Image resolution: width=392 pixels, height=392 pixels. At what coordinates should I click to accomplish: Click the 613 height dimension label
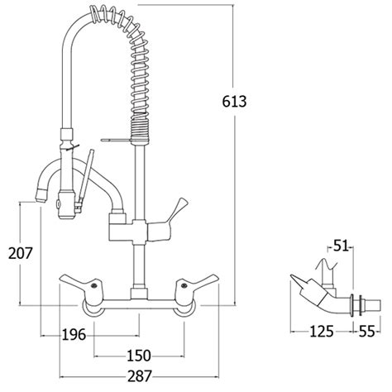click(x=234, y=102)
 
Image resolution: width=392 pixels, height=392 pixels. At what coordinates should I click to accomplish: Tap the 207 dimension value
click(x=21, y=253)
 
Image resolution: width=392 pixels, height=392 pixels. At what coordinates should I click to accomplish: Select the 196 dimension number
click(x=74, y=335)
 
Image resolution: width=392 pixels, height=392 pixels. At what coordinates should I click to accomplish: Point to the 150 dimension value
click(x=139, y=356)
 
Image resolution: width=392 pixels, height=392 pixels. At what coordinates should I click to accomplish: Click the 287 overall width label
click(x=140, y=376)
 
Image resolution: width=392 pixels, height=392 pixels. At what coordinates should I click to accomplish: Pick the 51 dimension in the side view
click(x=342, y=246)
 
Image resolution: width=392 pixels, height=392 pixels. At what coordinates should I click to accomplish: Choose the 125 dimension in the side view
click(x=322, y=331)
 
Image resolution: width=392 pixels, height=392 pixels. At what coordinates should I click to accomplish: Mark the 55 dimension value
click(x=367, y=331)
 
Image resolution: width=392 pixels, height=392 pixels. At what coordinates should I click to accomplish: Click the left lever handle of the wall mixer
click(x=80, y=284)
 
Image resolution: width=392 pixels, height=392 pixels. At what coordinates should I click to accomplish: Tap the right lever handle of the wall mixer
click(x=196, y=284)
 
